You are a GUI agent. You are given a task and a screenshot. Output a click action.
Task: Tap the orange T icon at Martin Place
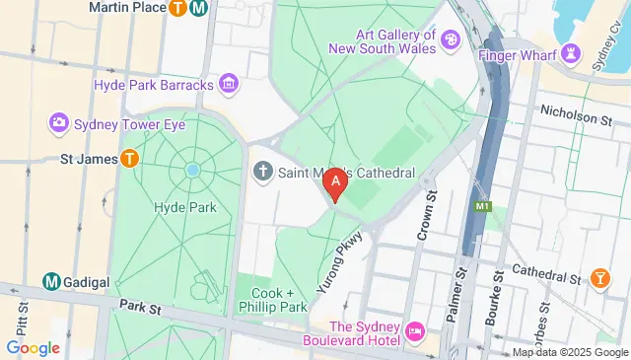click(178, 9)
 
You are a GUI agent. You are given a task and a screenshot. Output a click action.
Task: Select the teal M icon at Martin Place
click(200, 9)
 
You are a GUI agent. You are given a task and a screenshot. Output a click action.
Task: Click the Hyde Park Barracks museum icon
click(229, 85)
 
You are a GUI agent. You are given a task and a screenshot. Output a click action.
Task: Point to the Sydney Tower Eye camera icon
click(58, 123)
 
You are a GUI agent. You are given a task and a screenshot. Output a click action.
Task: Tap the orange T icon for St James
click(129, 158)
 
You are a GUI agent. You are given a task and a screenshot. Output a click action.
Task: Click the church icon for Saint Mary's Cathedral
click(262, 172)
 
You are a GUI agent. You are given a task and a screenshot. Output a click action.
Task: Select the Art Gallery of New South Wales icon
click(450, 39)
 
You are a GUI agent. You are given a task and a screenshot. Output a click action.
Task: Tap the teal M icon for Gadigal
click(50, 281)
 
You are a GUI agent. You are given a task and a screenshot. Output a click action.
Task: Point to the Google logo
click(34, 347)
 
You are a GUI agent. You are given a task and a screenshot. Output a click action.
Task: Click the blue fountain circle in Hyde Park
click(192, 170)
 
